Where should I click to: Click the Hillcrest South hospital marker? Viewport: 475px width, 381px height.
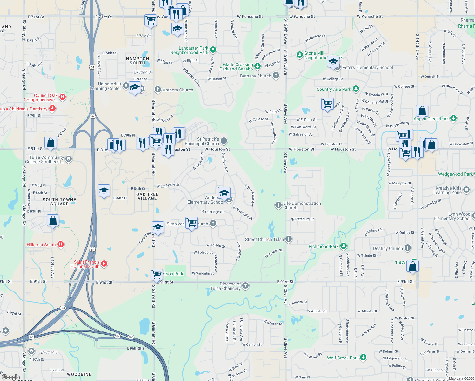click(x=61, y=244)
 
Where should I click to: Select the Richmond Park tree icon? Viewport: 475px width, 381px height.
click(x=343, y=246)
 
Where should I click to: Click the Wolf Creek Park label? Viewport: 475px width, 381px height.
click(x=343, y=358)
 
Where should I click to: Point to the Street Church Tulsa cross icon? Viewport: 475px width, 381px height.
click(x=288, y=239)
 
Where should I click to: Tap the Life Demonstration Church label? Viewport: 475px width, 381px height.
click(x=302, y=205)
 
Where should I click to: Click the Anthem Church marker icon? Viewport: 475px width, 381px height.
click(x=158, y=90)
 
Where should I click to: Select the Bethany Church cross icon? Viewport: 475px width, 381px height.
click(x=276, y=76)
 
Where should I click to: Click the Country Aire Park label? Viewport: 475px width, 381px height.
click(x=333, y=89)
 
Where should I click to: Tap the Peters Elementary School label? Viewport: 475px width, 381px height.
click(x=367, y=67)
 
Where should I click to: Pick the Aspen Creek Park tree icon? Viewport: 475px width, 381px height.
click(x=453, y=118)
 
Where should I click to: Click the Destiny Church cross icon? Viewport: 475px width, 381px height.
click(x=408, y=248)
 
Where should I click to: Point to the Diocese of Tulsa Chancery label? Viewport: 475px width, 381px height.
click(x=225, y=286)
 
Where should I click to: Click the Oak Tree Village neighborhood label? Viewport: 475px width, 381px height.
click(x=147, y=196)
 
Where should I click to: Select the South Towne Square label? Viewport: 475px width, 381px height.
click(x=59, y=202)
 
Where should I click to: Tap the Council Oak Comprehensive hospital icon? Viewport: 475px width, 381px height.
click(x=63, y=97)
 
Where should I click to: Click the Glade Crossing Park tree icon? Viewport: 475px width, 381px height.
click(x=258, y=66)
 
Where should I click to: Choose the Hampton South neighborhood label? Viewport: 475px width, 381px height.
click(x=137, y=61)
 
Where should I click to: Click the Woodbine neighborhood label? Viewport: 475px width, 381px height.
click(x=79, y=374)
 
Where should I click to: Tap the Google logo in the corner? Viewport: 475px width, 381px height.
click(x=11, y=377)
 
